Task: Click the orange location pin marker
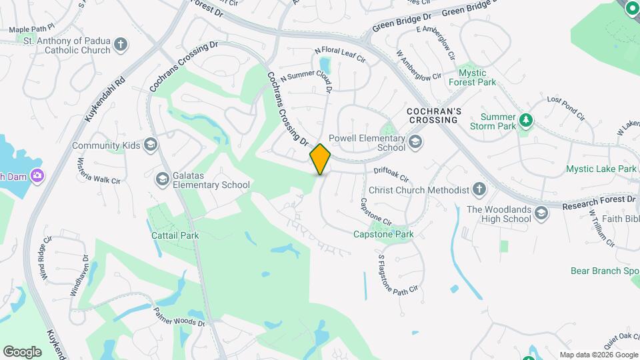pyautogui.click(x=321, y=159)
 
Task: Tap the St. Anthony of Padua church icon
pyautogui.click(x=121, y=45)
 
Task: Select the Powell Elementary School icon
pyautogui.click(x=415, y=141)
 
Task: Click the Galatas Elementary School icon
pyautogui.click(x=162, y=179)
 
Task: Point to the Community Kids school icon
pyautogui.click(x=151, y=145)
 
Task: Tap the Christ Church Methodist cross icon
pyautogui.click(x=479, y=190)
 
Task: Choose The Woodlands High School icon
pyautogui.click(x=541, y=213)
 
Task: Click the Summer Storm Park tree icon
pyautogui.click(x=527, y=120)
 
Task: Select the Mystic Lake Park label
pyautogui.click(x=601, y=169)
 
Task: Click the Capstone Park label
pyautogui.click(x=383, y=234)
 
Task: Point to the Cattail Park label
pyautogui.click(x=175, y=235)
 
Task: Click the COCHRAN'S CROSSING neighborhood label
pyautogui.click(x=433, y=115)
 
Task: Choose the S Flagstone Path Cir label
pyautogui.click(x=397, y=273)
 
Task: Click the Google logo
pyautogui.click(x=22, y=351)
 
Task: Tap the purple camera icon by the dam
pyautogui.click(x=37, y=176)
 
